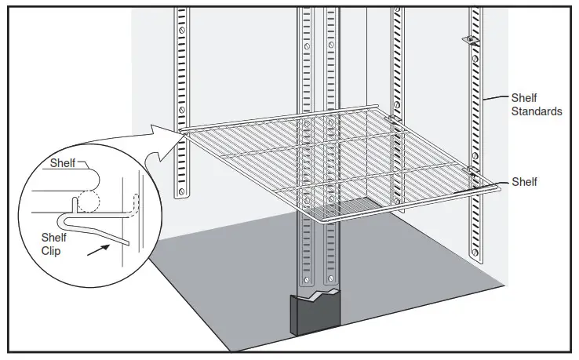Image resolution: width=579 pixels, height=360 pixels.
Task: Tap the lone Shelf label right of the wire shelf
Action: [x=524, y=182]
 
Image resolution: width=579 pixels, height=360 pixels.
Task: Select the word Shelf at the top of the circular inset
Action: [x=64, y=163]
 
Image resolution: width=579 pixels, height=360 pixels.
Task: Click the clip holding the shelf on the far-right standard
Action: [x=472, y=169]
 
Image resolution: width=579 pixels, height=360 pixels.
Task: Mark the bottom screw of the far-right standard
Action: [x=474, y=250]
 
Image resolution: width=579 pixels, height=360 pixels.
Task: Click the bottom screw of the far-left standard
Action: [x=182, y=190]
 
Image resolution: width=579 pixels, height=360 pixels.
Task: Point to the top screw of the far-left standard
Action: [x=182, y=30]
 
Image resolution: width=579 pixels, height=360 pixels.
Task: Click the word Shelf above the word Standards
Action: [x=524, y=98]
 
